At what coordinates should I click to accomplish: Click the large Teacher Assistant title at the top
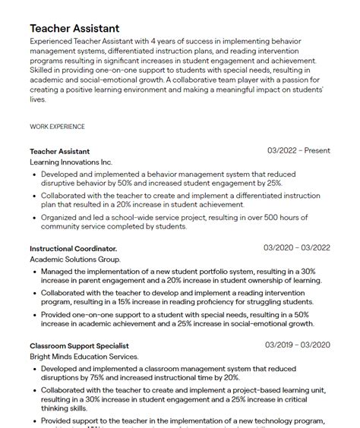[x=74, y=28]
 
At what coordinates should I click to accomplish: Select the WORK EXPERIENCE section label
[x=57, y=126]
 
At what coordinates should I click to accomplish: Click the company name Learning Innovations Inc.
[x=71, y=162]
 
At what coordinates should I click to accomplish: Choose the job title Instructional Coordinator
[x=74, y=249]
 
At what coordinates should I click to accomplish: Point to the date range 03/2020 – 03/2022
[x=297, y=248]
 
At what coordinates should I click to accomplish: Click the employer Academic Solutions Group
[x=75, y=260]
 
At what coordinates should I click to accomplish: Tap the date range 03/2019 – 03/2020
[x=298, y=345]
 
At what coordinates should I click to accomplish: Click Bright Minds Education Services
[x=84, y=357]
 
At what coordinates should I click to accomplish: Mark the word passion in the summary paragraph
[x=292, y=80]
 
